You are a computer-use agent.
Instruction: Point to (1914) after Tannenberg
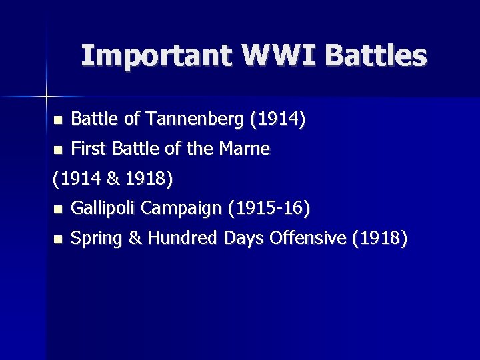(x=278, y=119)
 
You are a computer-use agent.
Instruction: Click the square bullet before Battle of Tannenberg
(x=57, y=121)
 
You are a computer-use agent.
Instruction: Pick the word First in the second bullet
(x=87, y=149)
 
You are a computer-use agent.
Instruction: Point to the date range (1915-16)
(x=269, y=209)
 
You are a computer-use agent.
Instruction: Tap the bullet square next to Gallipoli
(x=57, y=210)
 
